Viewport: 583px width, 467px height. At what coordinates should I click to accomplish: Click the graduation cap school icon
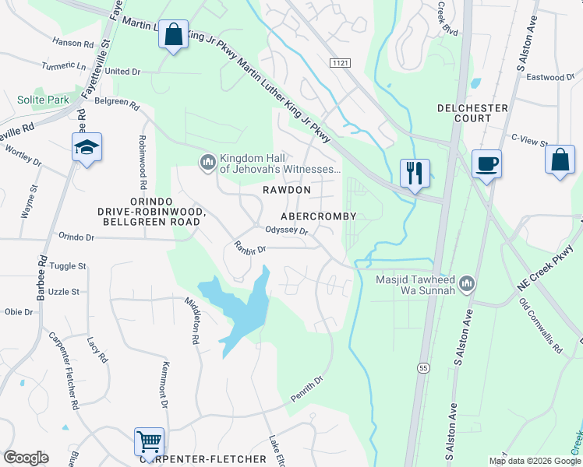(x=87, y=147)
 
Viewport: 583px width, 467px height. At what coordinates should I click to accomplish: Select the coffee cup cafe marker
(x=486, y=164)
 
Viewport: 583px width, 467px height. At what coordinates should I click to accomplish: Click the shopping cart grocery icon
(x=149, y=441)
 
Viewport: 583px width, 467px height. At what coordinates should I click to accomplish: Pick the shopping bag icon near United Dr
(x=173, y=35)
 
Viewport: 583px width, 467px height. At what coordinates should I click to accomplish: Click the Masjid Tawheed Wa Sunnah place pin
(x=467, y=282)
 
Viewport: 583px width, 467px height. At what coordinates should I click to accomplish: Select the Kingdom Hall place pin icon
(x=207, y=161)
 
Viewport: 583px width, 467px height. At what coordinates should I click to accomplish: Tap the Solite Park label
(x=43, y=100)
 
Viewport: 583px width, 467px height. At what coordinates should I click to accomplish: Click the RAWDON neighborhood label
(x=286, y=190)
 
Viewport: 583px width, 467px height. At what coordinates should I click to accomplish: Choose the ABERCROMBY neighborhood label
(x=318, y=216)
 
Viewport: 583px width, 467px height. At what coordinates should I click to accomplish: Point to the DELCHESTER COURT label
(x=472, y=113)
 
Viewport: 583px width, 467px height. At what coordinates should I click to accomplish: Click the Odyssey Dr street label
(x=287, y=230)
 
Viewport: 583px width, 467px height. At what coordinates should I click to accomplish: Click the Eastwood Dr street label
(x=550, y=77)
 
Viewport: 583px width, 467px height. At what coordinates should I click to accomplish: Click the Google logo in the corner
(x=26, y=458)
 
